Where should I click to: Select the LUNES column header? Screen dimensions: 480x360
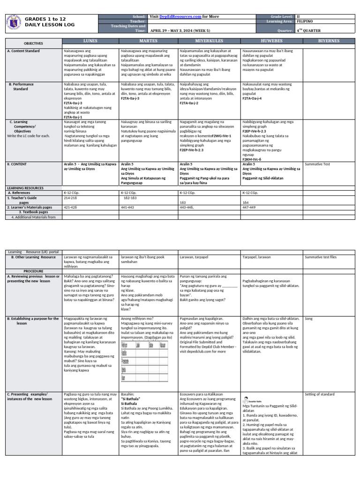click(x=90, y=41)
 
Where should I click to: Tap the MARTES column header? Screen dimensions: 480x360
click(x=149, y=41)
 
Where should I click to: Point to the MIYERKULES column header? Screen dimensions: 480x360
click(x=209, y=41)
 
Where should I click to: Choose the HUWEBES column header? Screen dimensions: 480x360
click(x=271, y=41)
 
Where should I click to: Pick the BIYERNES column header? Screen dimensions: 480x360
click(x=329, y=41)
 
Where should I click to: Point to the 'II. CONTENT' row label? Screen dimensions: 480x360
click(x=19, y=165)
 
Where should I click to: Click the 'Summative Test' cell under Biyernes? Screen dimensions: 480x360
click(x=317, y=165)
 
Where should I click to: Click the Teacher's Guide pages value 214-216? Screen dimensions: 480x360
click(x=70, y=198)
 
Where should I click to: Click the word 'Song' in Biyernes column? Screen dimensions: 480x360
click(x=308, y=318)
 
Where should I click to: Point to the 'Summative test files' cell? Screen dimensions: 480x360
click(x=320, y=257)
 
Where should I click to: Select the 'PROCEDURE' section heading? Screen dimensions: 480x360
click(x=33, y=271)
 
